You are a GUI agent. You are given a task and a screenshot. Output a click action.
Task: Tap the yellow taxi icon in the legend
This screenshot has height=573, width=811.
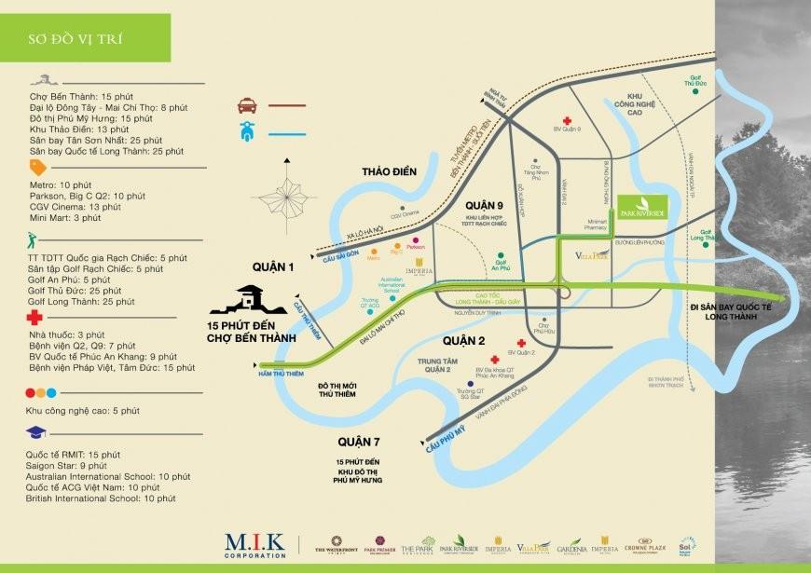[247, 105]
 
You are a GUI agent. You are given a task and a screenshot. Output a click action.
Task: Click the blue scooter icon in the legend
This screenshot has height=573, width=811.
[247, 130]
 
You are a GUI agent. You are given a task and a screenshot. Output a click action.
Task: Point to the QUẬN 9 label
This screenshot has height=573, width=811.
[485, 205]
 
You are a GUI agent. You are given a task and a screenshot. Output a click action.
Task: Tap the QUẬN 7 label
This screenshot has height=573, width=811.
[363, 441]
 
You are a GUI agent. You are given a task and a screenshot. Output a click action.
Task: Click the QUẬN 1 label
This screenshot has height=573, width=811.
[272, 266]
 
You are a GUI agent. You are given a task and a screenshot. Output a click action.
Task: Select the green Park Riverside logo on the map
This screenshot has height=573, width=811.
[640, 206]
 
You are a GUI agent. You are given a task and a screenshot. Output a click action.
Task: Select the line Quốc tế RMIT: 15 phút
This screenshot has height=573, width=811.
[74, 454]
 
